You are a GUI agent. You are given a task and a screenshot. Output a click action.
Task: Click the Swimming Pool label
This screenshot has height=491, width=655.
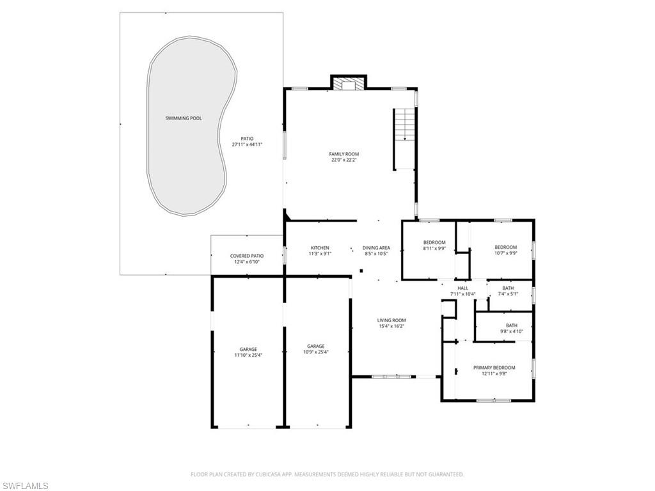[184, 118]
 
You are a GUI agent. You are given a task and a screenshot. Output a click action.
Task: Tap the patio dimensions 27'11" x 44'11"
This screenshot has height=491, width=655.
[247, 144]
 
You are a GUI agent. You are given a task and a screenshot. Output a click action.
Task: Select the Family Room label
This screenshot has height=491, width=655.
[344, 154]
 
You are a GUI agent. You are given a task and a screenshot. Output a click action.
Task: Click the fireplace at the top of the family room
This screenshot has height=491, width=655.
[348, 84]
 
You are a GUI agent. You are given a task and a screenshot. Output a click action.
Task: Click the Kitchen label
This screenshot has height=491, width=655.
[320, 248]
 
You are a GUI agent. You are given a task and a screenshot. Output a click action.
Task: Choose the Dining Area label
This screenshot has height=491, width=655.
[376, 248]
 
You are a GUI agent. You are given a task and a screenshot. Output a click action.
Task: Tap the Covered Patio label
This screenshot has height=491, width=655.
[247, 256]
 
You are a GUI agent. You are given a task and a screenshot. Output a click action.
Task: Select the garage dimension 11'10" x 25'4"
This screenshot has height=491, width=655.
[248, 355]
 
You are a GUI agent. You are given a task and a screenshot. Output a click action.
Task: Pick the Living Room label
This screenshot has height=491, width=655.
[391, 320]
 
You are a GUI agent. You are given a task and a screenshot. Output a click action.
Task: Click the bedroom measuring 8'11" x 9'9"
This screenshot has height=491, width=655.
[434, 249]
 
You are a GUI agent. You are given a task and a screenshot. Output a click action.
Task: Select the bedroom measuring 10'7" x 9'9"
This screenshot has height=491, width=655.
[505, 253]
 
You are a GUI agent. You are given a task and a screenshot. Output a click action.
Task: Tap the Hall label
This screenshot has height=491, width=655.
[463, 288]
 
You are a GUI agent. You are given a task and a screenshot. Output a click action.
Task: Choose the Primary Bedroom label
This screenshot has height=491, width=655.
[494, 368]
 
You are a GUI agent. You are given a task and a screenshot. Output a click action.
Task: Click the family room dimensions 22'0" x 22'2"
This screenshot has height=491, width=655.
[344, 160]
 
